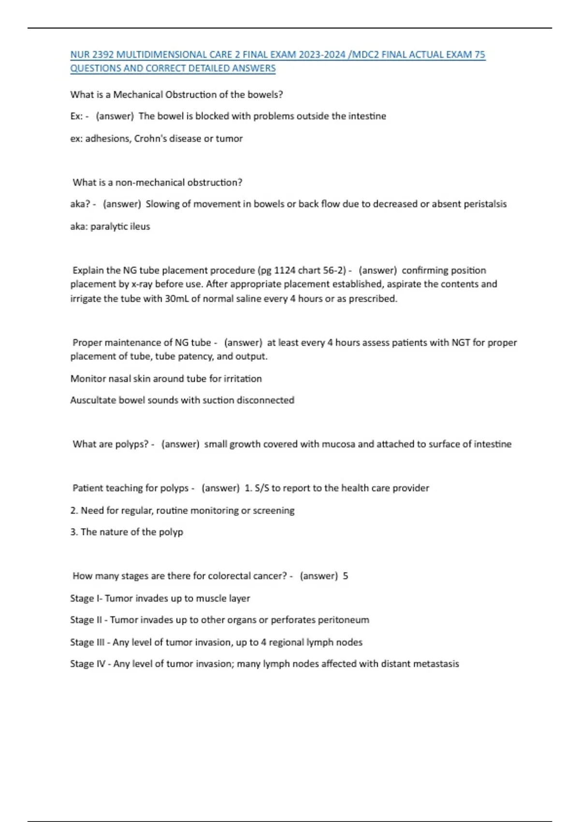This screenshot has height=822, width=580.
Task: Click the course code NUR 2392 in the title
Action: click(89, 55)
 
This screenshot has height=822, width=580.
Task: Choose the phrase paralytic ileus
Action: click(120, 226)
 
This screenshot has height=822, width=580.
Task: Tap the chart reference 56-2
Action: click(334, 270)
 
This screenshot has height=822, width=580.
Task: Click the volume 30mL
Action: click(177, 299)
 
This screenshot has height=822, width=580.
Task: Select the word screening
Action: click(274, 511)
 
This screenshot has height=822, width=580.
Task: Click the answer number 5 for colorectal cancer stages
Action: click(346, 576)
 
